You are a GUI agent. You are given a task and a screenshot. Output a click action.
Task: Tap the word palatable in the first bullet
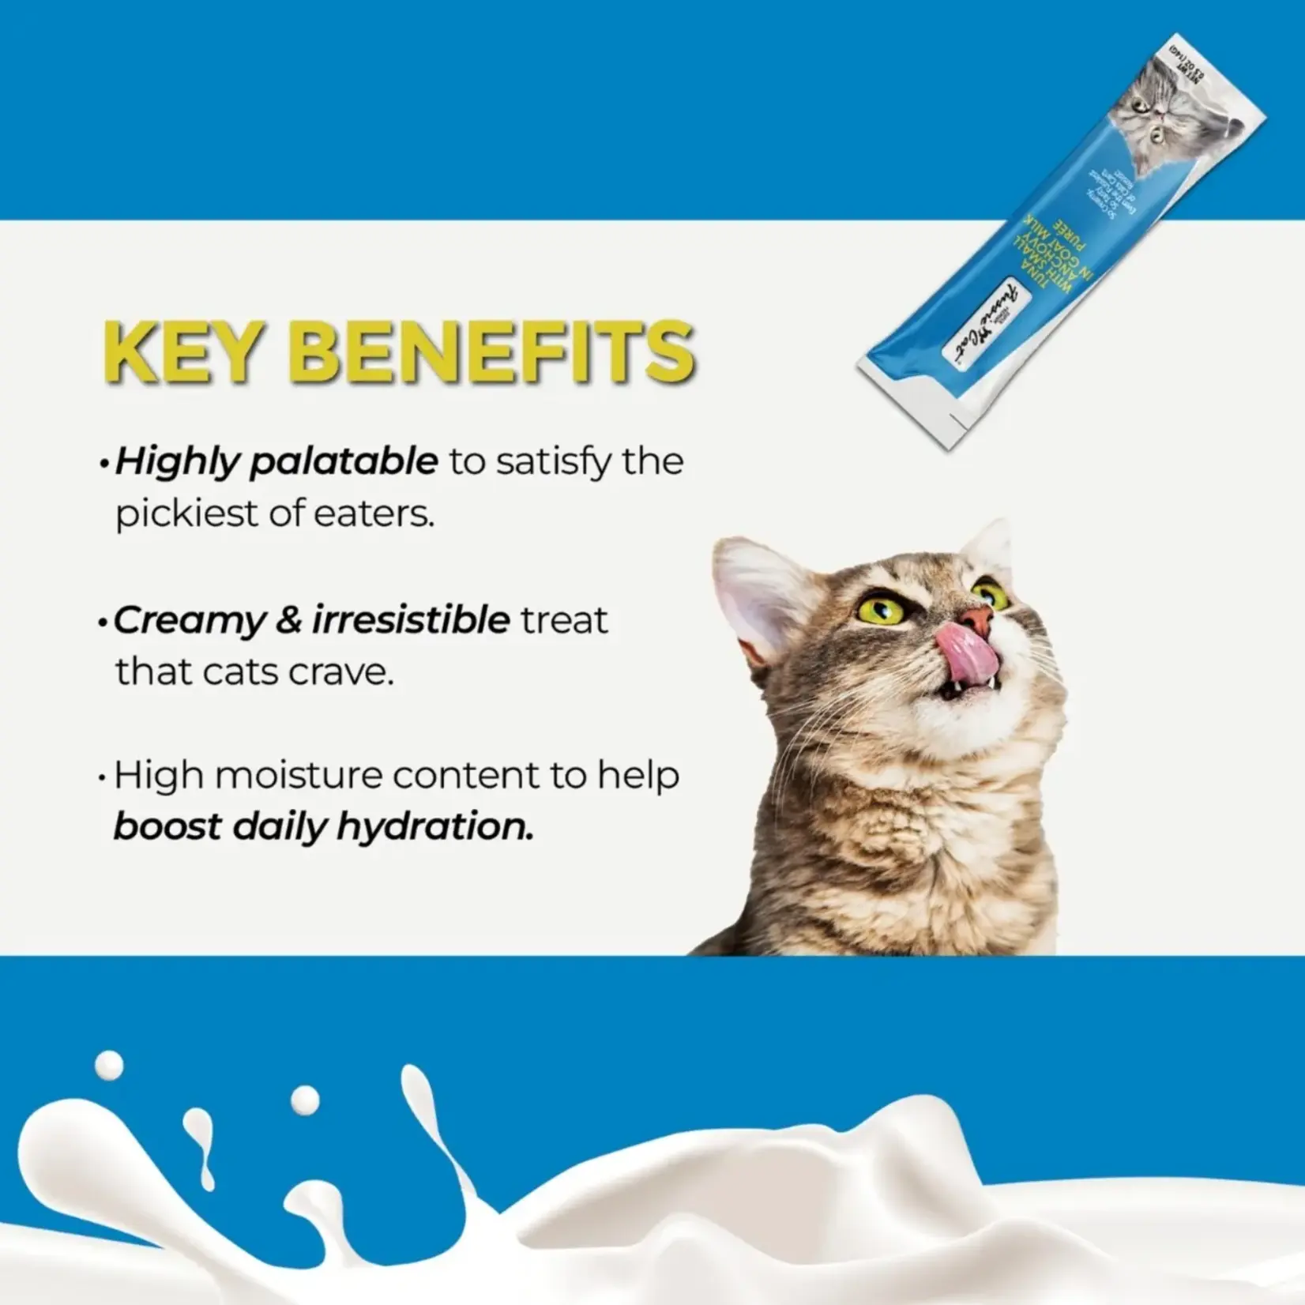344,461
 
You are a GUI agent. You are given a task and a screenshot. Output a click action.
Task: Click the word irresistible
411,620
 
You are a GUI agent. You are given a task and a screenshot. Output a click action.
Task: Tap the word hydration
434,827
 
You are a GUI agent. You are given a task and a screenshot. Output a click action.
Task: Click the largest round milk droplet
110,1065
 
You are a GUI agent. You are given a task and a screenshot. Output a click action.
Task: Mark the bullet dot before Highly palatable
103,464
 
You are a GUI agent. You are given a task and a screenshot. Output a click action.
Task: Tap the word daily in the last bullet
268,827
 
